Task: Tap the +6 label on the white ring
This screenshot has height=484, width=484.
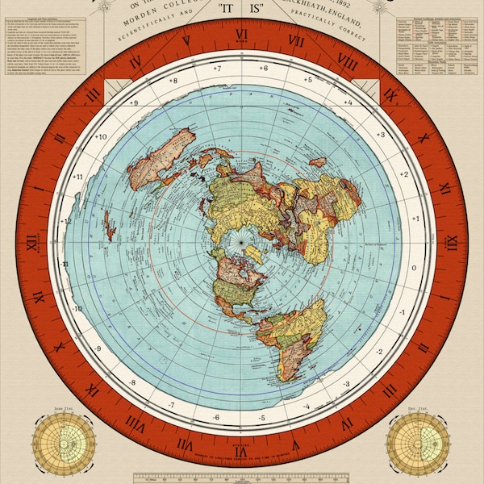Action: [263, 69]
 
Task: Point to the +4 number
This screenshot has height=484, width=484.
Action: [348, 102]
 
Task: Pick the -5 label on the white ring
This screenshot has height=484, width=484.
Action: [262, 418]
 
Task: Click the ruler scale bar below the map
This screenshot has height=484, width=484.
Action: [242, 477]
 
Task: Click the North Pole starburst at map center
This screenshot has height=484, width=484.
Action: [240, 239]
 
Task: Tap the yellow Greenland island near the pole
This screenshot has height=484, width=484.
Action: [255, 257]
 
